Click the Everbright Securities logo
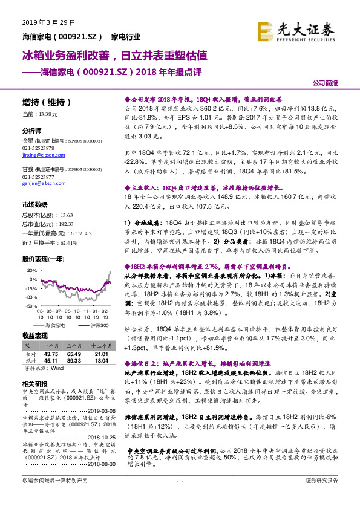click(x=295, y=30)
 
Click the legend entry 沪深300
click(x=99, y=326)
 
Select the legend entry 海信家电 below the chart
click(x=56, y=326)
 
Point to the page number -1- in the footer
click(x=179, y=497)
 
